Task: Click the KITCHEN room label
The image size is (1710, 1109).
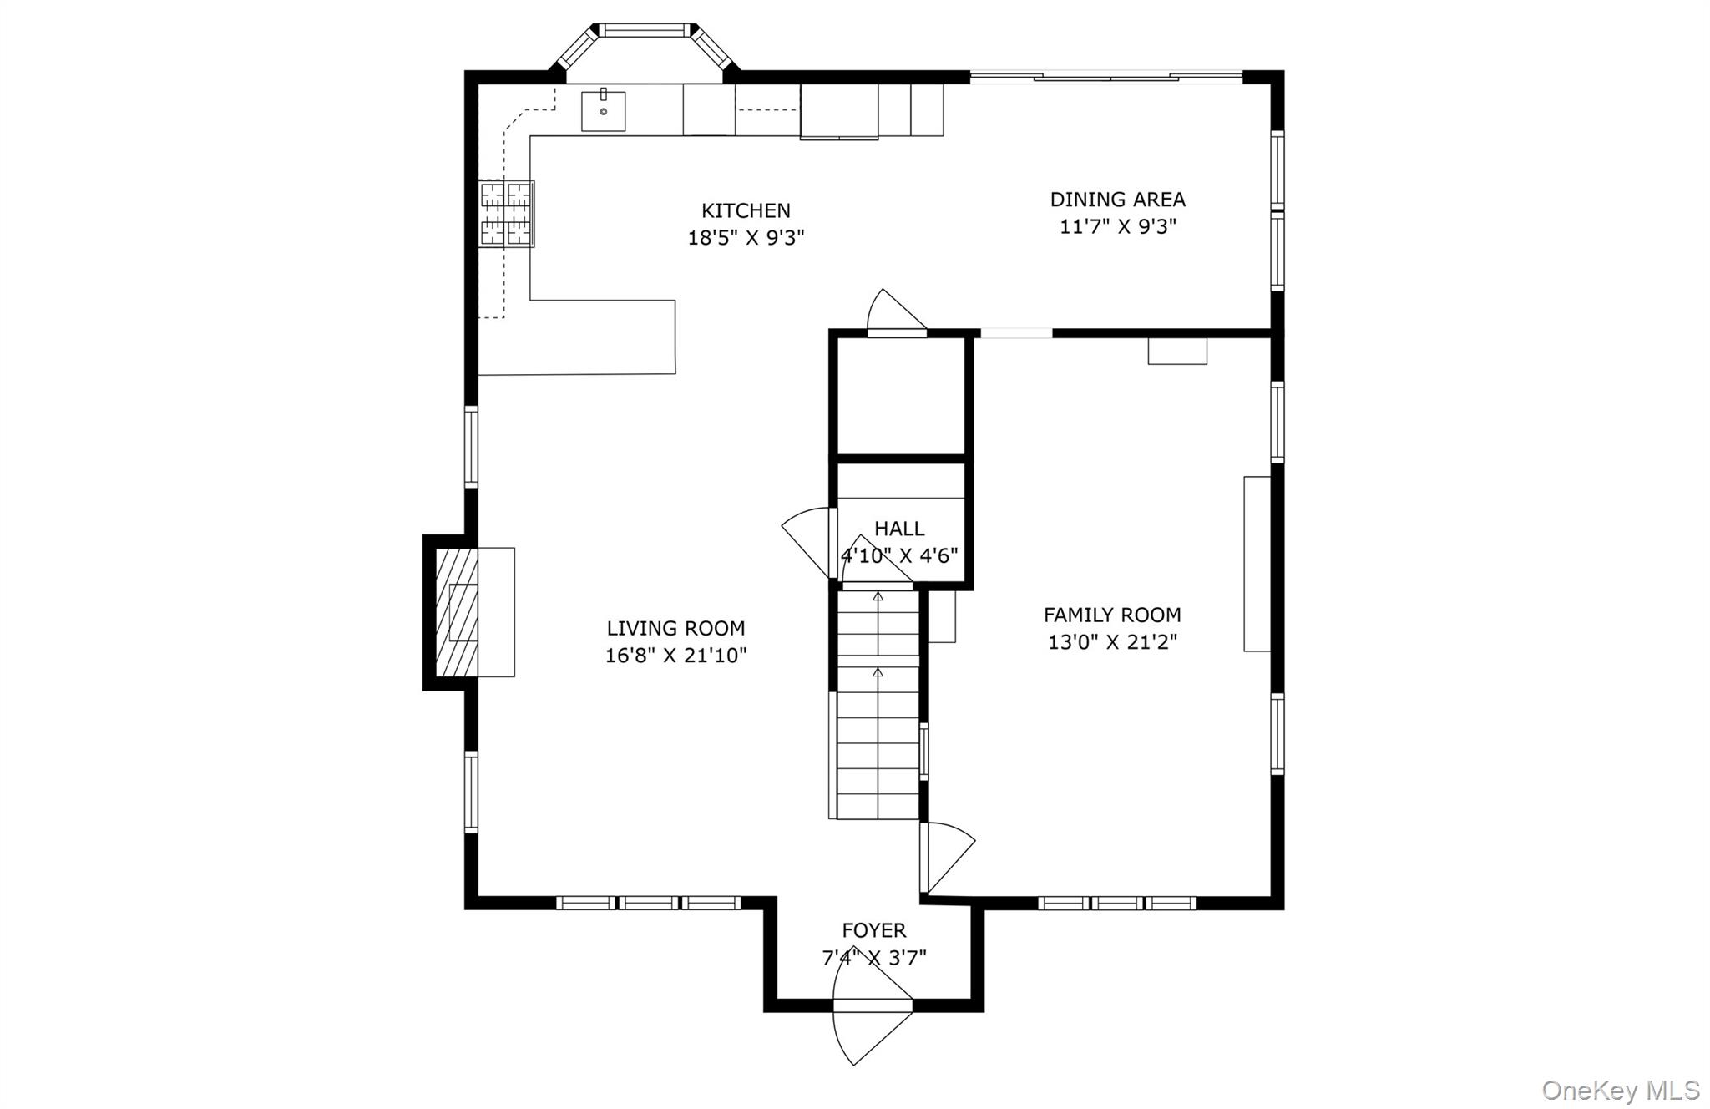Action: [746, 210]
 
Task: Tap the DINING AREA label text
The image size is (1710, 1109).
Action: [1117, 200]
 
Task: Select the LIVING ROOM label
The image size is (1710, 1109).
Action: [675, 628]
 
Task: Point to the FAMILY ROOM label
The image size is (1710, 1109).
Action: [1112, 615]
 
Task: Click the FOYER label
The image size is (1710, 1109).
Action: [874, 930]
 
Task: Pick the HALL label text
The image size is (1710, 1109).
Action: [899, 529]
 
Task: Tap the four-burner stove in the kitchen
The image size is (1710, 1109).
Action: [507, 214]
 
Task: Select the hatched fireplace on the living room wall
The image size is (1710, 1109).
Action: [457, 613]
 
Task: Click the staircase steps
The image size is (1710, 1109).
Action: [878, 705]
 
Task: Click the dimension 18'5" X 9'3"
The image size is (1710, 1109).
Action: [746, 238]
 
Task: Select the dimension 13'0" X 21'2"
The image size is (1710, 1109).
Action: [1112, 642]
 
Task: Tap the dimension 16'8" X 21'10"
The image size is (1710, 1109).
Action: [675, 656]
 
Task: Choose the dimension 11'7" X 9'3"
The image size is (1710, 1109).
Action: [1117, 227]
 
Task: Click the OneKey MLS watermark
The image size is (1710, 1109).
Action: [1621, 1090]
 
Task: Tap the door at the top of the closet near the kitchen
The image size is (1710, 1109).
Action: [897, 312]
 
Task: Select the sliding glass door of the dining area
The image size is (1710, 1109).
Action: [1106, 78]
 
